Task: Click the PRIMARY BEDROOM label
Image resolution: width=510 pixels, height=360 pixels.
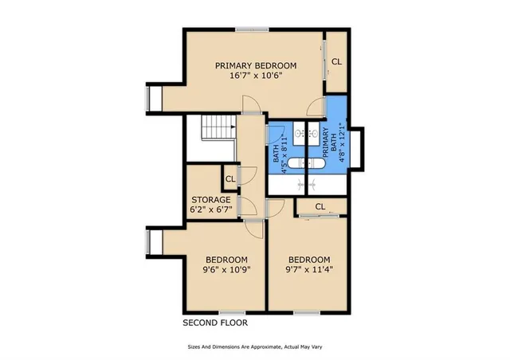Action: (x=256, y=65)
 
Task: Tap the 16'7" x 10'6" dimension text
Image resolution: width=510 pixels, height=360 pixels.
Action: (x=256, y=76)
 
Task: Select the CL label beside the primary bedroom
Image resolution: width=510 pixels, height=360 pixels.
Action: (x=337, y=61)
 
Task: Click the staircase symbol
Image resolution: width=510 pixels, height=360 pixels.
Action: (x=217, y=128)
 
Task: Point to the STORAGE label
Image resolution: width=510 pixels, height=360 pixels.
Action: (x=211, y=200)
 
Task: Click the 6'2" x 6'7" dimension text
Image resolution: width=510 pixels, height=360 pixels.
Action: (x=211, y=210)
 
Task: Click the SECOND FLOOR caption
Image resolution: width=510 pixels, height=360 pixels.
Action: (x=215, y=323)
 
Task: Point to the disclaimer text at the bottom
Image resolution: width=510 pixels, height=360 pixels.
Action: (x=255, y=347)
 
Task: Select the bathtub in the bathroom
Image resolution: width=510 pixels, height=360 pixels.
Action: (x=305, y=164)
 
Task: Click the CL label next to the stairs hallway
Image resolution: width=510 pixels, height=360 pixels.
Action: (x=230, y=179)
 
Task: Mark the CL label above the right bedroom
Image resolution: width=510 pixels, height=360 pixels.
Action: (x=320, y=207)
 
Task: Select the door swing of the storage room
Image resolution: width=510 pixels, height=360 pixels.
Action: (x=249, y=208)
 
